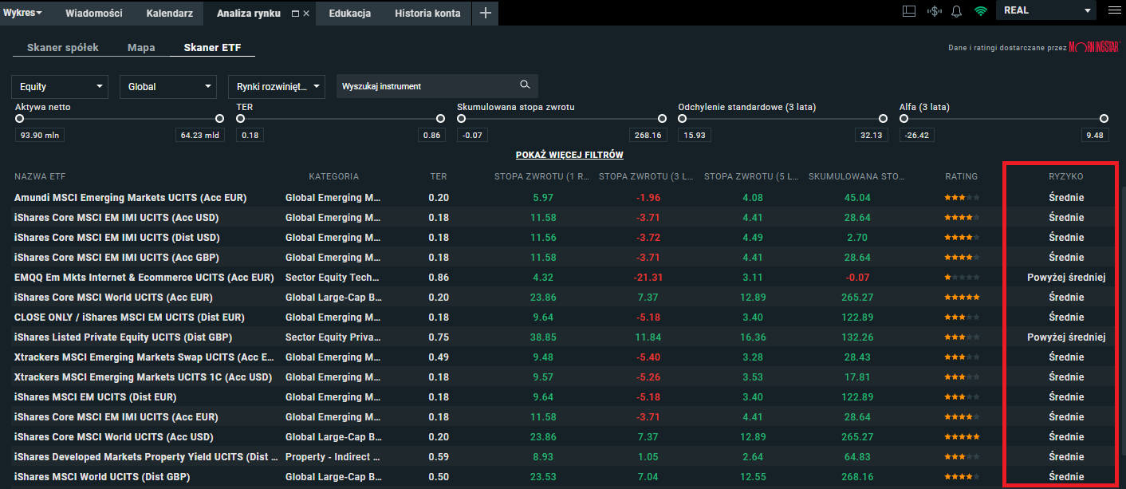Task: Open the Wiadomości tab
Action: point(94,13)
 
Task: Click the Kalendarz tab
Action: point(170,13)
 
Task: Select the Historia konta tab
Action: point(427,13)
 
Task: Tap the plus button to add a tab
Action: point(485,13)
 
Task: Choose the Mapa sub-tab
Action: point(141,48)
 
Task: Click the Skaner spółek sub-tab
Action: point(63,48)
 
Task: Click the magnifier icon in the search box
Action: point(525,85)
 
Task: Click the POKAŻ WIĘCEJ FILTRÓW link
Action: point(569,155)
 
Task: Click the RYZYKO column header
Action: point(1066,176)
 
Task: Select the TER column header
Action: point(439,176)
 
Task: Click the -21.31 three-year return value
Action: point(647,278)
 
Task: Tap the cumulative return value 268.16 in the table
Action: point(857,477)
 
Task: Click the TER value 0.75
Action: point(439,337)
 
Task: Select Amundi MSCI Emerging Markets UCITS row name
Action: point(131,198)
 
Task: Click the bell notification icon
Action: point(956,11)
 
